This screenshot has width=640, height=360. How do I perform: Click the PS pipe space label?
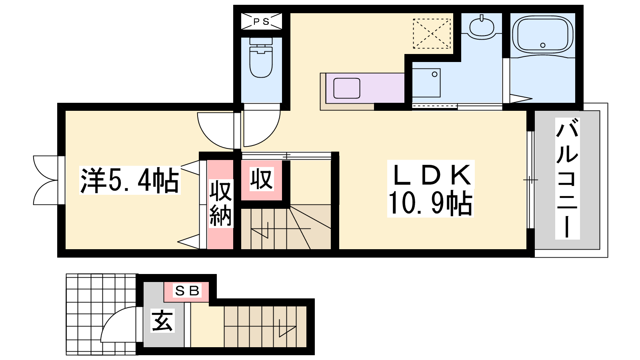coord(261,22)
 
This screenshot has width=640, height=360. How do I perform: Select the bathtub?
coord(542,34)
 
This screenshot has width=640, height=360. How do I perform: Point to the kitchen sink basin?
coord(346,88)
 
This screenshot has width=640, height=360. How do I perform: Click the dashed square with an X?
coord(432,34)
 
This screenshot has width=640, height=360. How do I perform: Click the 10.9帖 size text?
coord(430,203)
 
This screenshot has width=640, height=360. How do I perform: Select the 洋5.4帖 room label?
coord(130,180)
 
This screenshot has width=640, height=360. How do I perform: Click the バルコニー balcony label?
coord(567,178)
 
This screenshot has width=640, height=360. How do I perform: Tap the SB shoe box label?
coord(187,291)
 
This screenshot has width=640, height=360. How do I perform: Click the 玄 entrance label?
coord(162,321)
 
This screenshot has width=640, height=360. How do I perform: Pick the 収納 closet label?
coord(220,203)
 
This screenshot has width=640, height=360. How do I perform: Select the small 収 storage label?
coord(262,179)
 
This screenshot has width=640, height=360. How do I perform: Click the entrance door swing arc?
coord(118,324)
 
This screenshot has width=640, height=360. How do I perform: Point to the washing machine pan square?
coord(426,83)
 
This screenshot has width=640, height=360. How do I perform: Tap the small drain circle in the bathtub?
coord(543,45)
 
